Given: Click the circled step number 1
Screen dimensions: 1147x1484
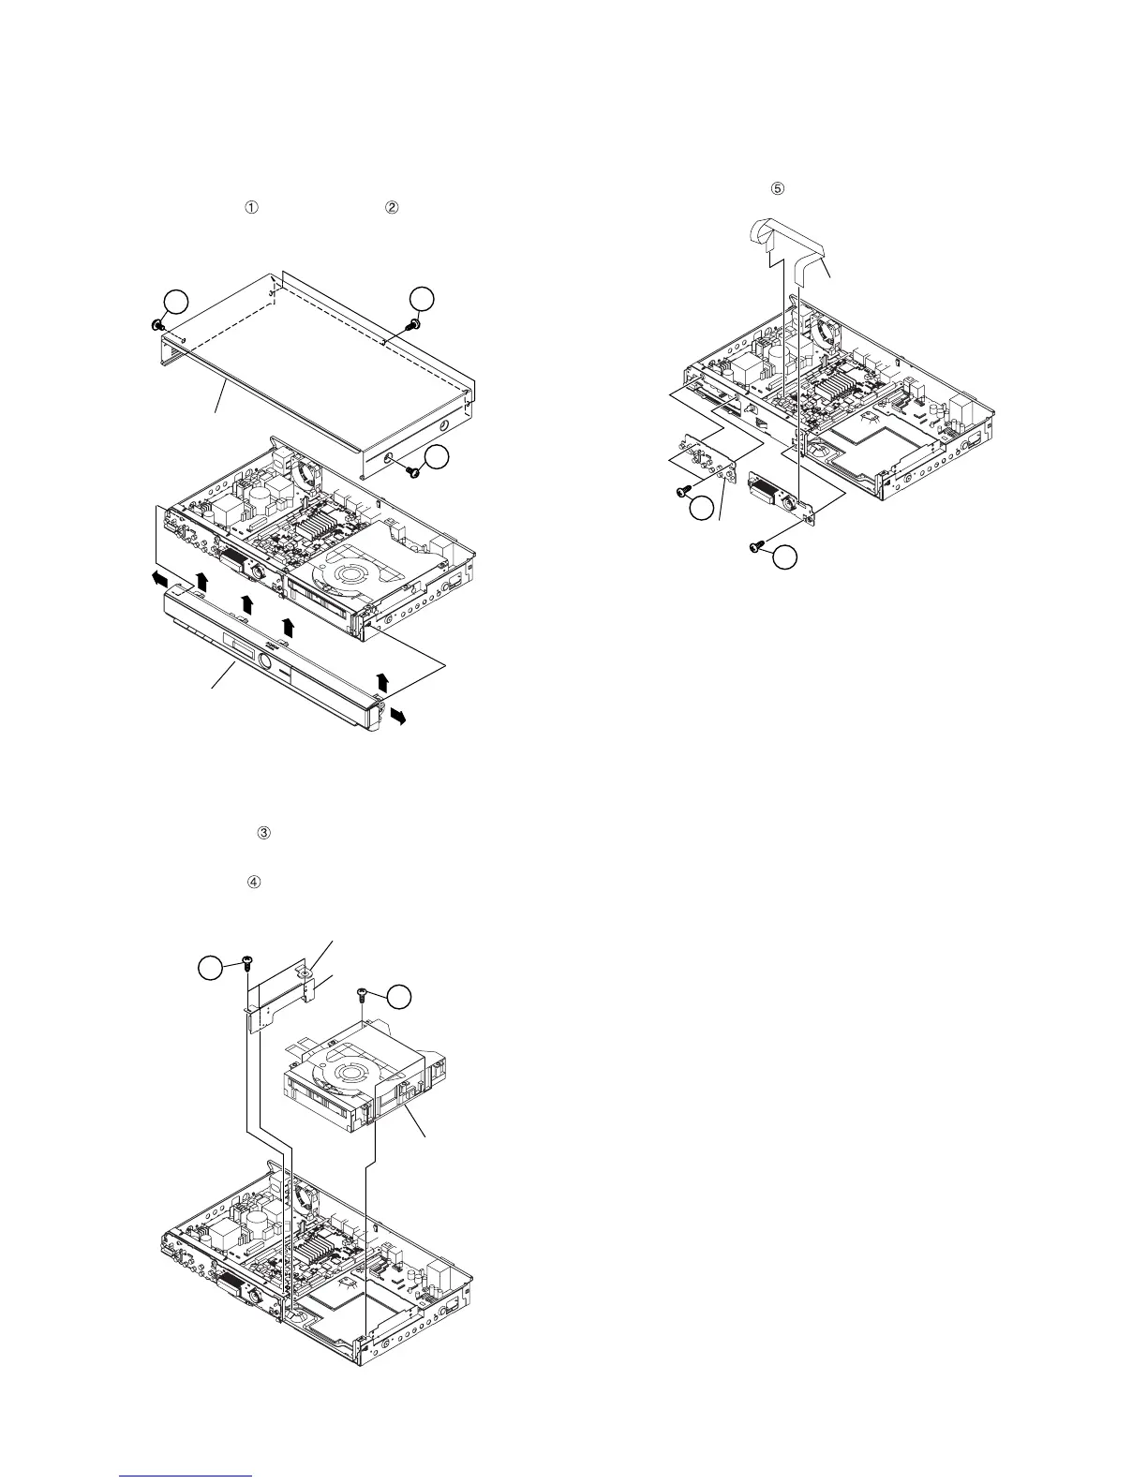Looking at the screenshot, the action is pos(251,207).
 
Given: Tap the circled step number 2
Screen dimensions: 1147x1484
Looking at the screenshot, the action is pos(393,207).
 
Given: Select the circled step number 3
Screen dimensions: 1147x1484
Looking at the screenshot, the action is pos(263,833).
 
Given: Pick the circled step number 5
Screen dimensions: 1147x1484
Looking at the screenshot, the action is pos(777,188).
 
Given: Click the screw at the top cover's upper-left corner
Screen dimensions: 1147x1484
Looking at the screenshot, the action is pos(155,324).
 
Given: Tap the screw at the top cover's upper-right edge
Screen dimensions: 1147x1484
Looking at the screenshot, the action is pos(412,324).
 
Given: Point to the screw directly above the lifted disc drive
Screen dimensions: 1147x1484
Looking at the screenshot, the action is pos(362,995).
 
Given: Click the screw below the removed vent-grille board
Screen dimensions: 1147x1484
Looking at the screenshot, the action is pos(756,547).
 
